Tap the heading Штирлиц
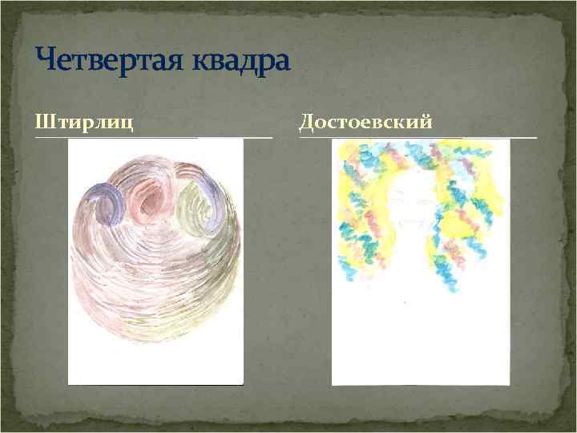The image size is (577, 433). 84,122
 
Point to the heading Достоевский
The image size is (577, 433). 366,122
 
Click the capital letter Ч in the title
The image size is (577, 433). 46,61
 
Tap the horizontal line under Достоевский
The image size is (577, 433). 418,137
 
